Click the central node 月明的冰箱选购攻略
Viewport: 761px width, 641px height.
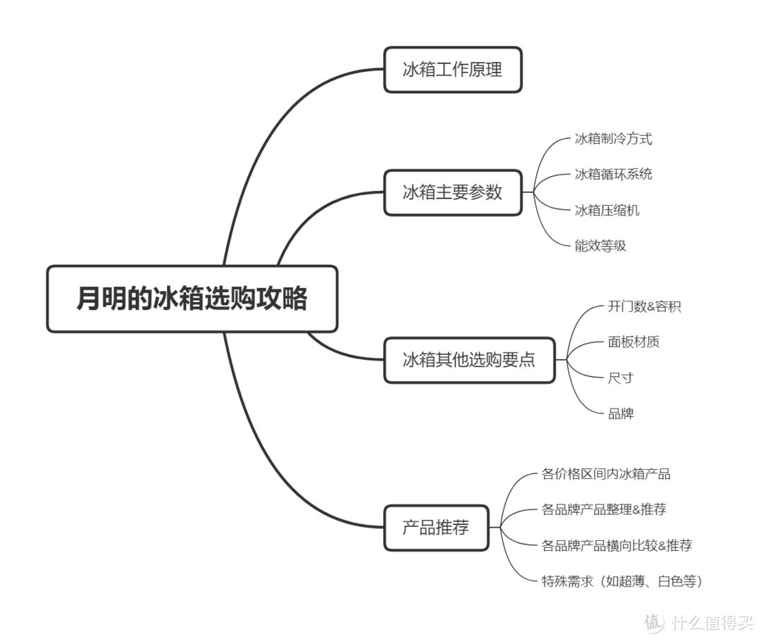point(192,299)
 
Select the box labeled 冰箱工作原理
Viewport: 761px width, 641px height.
point(452,70)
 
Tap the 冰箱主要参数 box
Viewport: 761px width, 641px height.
point(452,192)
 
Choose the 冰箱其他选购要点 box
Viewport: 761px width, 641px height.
point(469,360)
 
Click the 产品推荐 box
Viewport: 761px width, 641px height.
point(435,528)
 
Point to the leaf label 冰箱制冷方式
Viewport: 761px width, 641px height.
point(613,139)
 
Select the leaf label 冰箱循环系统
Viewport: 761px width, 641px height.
point(613,174)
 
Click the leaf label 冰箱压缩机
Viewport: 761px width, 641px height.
point(607,210)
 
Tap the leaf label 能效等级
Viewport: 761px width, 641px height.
point(600,246)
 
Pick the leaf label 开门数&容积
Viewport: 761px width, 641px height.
point(644,306)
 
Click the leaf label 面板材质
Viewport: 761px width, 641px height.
point(633,342)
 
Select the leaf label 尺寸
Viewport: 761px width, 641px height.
point(620,378)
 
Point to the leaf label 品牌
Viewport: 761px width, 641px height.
point(620,413)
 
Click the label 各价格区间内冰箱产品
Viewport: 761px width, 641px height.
point(605,474)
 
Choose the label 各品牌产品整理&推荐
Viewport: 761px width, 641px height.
point(603,509)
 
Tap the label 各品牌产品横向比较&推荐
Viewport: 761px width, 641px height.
point(617,545)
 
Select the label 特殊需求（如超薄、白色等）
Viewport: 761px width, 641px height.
point(622,581)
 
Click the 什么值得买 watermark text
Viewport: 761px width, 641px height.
point(712,623)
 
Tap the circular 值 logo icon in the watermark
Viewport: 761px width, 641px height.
point(653,623)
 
